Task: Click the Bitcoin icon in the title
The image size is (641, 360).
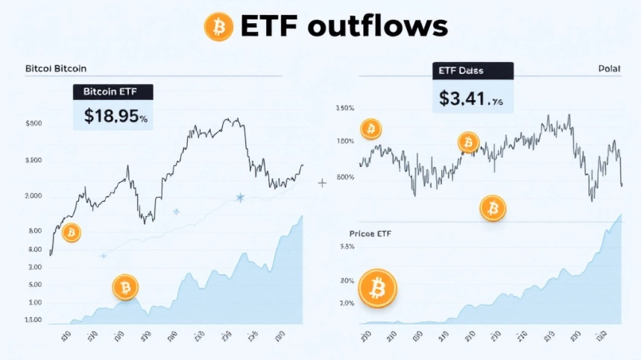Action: [x=218, y=27]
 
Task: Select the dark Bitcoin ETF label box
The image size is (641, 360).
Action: [x=113, y=92]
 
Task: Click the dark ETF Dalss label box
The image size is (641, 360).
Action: [x=473, y=71]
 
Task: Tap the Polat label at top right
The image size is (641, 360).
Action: [x=609, y=69]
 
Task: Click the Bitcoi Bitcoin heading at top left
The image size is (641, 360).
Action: [x=56, y=68]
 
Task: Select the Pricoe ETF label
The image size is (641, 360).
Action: [x=370, y=234]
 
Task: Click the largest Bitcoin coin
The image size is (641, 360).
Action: [x=378, y=288]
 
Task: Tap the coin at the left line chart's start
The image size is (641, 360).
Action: [x=72, y=233]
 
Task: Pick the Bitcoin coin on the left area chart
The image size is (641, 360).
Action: [x=125, y=287]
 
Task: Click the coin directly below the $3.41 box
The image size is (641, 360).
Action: [x=469, y=142]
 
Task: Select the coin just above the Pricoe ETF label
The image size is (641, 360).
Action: [x=493, y=209]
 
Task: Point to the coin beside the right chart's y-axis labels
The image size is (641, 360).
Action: [x=370, y=130]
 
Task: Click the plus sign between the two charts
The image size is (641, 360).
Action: [x=322, y=183]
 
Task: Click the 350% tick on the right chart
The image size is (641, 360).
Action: [x=345, y=109]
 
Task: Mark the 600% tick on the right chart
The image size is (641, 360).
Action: [x=345, y=177]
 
